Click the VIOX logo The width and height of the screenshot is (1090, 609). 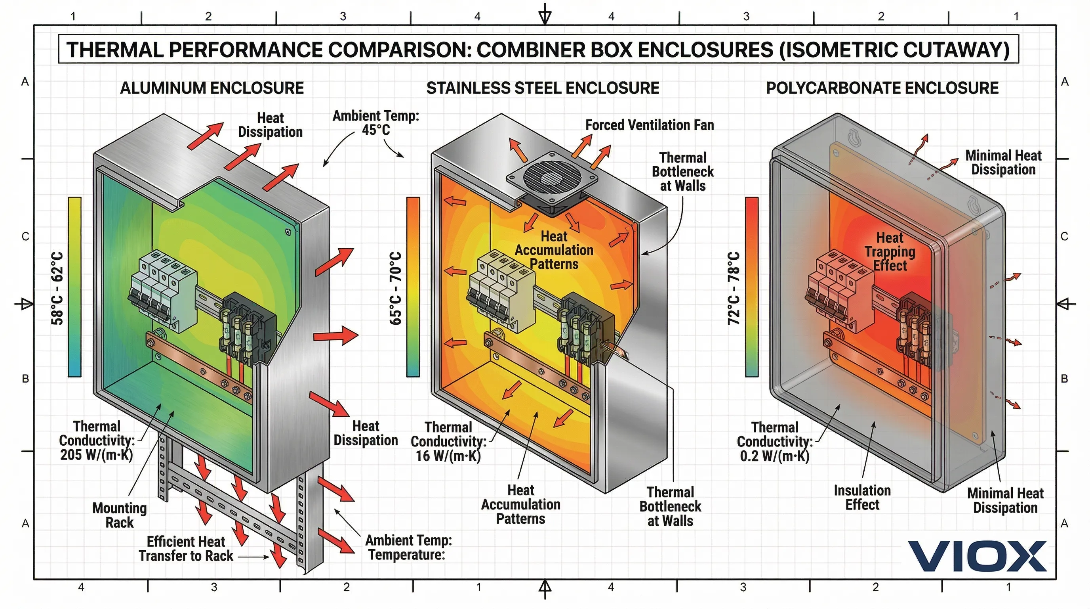[977, 556]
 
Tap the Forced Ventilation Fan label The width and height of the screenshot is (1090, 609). [649, 125]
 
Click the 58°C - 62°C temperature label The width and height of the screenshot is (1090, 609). [57, 288]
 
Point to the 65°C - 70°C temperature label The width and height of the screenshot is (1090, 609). [395, 288]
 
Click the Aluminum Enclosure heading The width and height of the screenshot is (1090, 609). [212, 88]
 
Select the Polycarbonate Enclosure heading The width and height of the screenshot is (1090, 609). [882, 88]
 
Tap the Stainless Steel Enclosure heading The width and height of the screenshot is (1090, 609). [543, 88]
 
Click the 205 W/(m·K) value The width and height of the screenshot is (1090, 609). [97, 455]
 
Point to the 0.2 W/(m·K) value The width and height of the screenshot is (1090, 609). [774, 456]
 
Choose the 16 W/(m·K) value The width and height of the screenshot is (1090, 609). [448, 456]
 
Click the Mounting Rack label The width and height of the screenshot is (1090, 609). [119, 515]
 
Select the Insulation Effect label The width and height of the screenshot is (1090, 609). [862, 498]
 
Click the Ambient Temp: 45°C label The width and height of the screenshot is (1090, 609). [376, 123]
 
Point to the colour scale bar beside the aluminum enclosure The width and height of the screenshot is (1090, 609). [74, 287]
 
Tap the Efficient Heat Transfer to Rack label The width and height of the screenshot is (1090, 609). [186, 548]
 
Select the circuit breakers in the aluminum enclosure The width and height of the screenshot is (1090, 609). [163, 288]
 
